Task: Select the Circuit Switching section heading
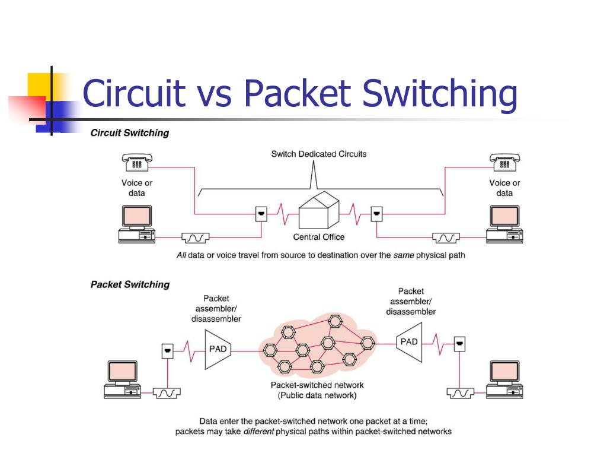(130, 132)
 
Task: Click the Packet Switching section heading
(130, 284)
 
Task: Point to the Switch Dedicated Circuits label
(318, 154)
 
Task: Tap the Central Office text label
(318, 237)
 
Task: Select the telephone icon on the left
(137, 162)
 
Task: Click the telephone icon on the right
(505, 162)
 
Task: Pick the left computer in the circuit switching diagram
(137, 224)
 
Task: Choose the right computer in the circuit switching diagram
(504, 224)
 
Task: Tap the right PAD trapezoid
(409, 342)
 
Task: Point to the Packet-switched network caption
(317, 390)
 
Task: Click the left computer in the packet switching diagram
(122, 379)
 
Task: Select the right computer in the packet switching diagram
(504, 379)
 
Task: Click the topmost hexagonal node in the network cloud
(334, 321)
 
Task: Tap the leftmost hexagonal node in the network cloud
(270, 350)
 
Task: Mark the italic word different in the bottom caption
(258, 432)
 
